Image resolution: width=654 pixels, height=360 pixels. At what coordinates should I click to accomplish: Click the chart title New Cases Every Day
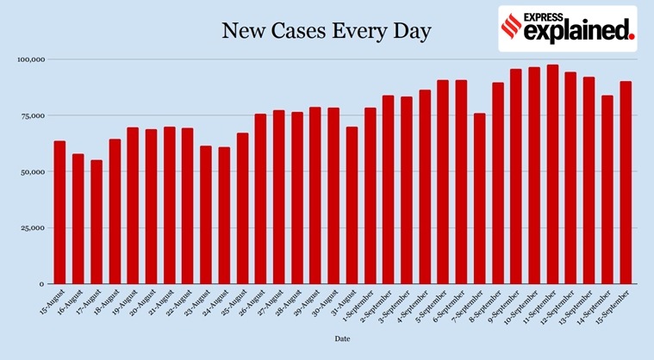pyautogui.click(x=327, y=32)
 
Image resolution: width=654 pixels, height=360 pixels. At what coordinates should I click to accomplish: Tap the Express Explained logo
pyautogui.click(x=568, y=28)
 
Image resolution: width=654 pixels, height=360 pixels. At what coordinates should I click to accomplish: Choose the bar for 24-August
pyautogui.click(x=224, y=215)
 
